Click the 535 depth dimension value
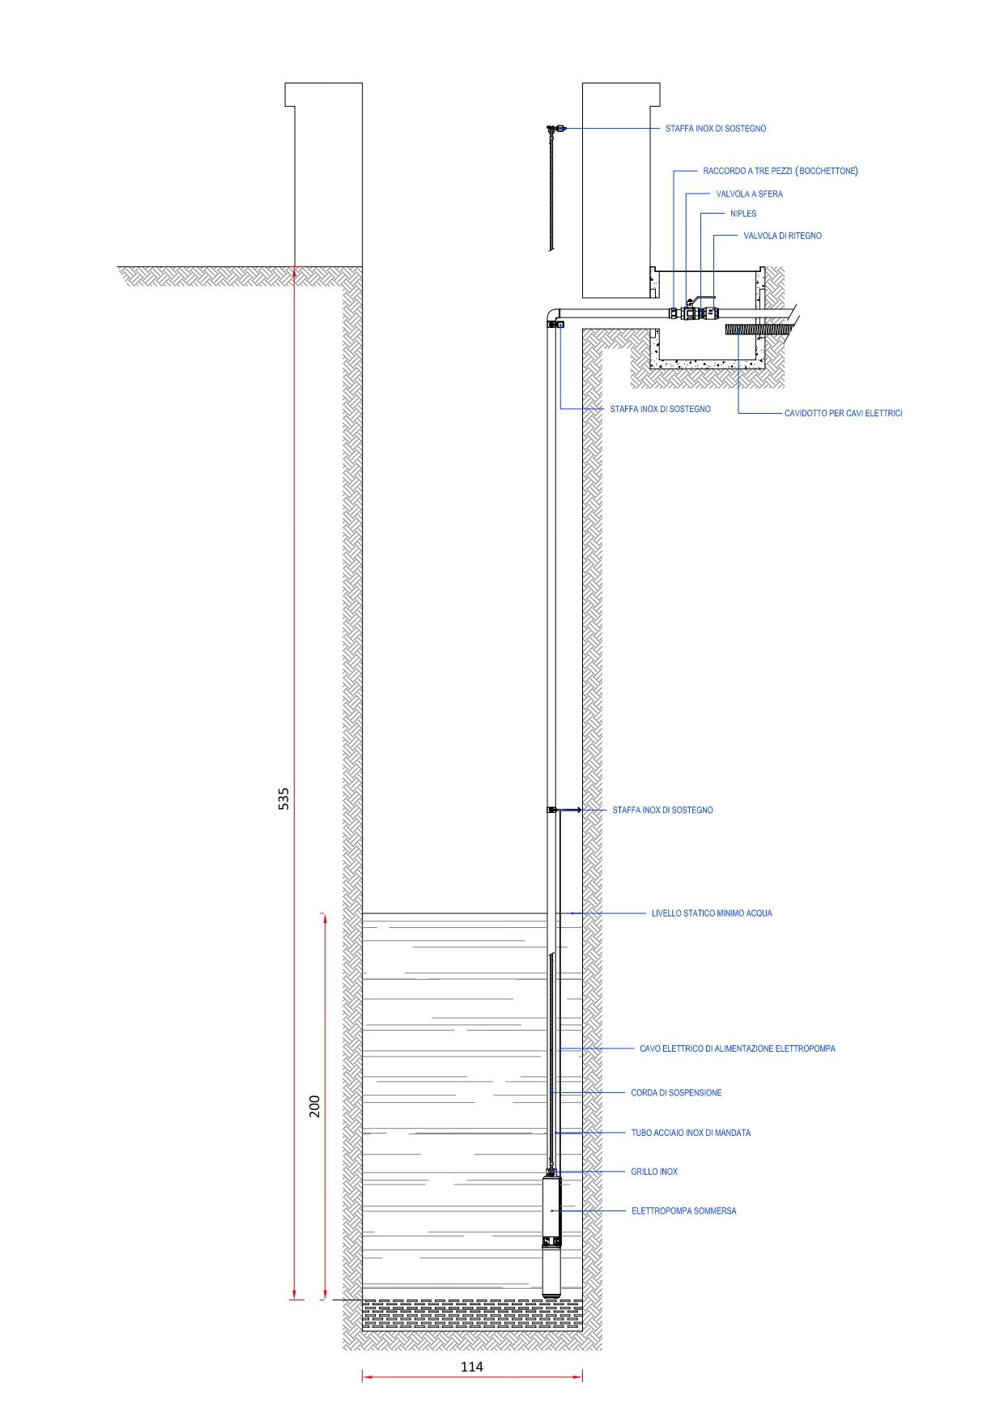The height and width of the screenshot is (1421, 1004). coord(283,798)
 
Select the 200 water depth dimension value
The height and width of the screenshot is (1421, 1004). coord(315,1106)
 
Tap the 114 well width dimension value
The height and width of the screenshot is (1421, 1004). coord(472,1367)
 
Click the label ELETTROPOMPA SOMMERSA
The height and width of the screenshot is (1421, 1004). coord(684,1211)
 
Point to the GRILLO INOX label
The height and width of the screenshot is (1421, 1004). coord(654,1172)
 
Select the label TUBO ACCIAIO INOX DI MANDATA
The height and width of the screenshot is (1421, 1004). coord(691,1133)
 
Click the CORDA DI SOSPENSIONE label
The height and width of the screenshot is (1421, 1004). coord(676,1093)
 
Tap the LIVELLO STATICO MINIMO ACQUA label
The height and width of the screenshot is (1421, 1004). coord(712,913)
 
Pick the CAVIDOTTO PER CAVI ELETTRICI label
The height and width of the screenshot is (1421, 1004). coord(843,414)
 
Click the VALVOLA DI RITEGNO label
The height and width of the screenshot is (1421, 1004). coord(782,236)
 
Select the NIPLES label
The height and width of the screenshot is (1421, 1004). coord(743,214)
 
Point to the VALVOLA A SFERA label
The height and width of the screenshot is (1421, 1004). coord(749,194)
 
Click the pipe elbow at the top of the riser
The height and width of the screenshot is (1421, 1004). coord(553,313)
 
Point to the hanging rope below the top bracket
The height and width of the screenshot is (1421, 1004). coord(551,191)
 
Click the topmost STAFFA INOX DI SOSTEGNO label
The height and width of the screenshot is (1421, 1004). coord(716,129)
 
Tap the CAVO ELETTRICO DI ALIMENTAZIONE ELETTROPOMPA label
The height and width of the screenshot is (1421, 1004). coord(737,1049)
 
